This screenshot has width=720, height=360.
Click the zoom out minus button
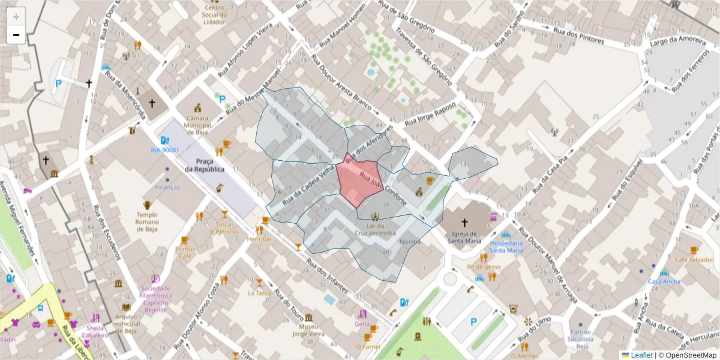(16, 35)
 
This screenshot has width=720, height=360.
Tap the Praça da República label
(205, 165)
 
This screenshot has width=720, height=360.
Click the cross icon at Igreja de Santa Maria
(464, 222)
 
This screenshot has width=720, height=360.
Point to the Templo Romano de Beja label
(147, 221)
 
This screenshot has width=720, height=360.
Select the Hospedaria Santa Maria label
(506, 246)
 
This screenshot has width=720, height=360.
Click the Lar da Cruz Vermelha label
(375, 229)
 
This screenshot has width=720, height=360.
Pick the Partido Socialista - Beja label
(580, 339)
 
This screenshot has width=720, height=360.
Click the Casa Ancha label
(664, 281)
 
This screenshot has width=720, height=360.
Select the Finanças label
(167, 187)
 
